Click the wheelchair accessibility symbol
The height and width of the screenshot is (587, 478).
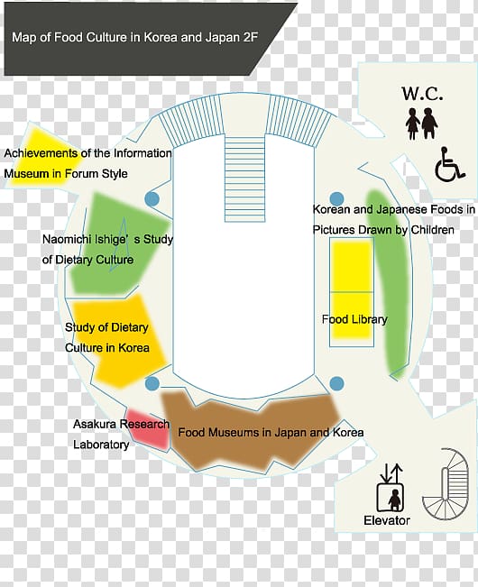pyautogui.click(x=449, y=165)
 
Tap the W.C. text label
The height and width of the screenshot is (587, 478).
pyautogui.click(x=422, y=94)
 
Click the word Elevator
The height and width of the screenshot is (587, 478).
pyautogui.click(x=387, y=520)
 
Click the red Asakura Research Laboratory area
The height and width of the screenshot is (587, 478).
pyautogui.click(x=148, y=429)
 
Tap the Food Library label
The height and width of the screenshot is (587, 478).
pyautogui.click(x=354, y=319)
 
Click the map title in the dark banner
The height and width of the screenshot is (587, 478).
pyautogui.click(x=134, y=38)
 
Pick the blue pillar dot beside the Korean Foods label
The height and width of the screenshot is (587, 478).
pyautogui.click(x=337, y=199)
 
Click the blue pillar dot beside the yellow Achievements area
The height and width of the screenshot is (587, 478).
pyautogui.click(x=152, y=198)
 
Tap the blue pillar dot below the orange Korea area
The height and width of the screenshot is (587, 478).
pyautogui.click(x=152, y=383)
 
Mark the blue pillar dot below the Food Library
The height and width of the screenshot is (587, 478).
pyautogui.click(x=337, y=383)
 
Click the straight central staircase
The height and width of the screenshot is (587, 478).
pyautogui.click(x=244, y=179)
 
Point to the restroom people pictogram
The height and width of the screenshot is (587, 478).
pyautogui.click(x=422, y=124)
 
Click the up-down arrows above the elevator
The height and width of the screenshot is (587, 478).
pyautogui.click(x=391, y=473)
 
